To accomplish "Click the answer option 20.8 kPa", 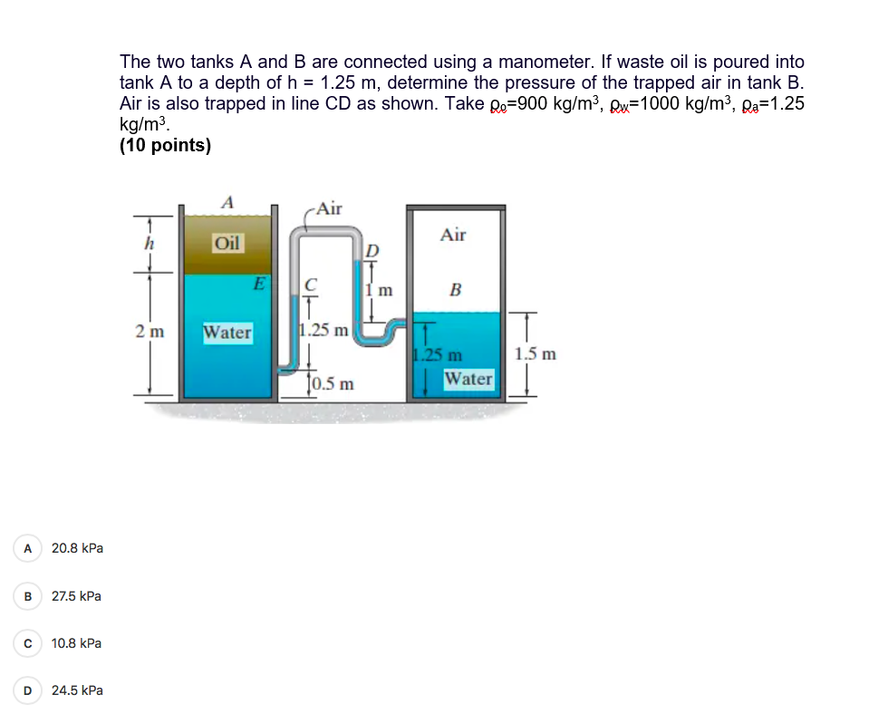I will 76,548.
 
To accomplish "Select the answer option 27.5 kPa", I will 76,596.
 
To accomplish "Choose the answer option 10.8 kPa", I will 76,643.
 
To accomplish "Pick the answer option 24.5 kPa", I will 76,690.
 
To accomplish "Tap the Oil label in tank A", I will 227,243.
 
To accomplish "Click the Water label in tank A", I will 227,333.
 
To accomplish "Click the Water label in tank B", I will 468,378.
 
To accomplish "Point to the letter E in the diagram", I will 258,284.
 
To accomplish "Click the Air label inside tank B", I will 453,235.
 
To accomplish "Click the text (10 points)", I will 165,145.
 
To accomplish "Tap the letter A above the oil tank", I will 227,202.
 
